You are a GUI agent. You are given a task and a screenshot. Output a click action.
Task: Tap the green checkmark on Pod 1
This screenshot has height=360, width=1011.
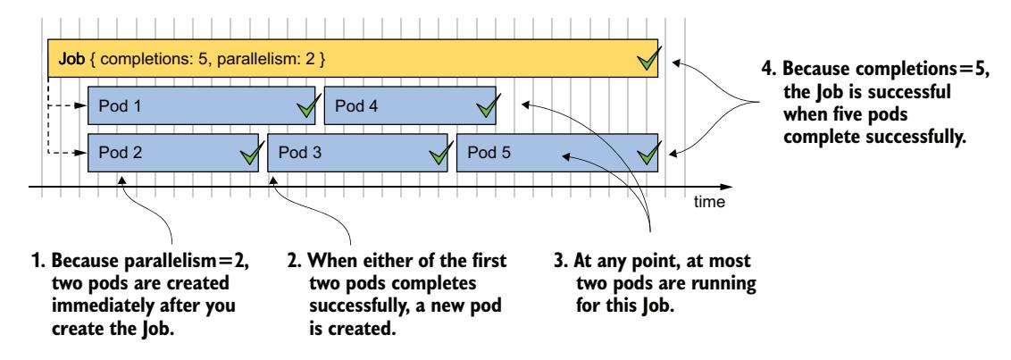(305, 108)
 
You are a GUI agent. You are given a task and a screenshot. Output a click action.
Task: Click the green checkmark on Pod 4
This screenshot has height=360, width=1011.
(487, 108)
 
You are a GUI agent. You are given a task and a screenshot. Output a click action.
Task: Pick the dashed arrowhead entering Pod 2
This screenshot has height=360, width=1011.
(83, 153)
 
